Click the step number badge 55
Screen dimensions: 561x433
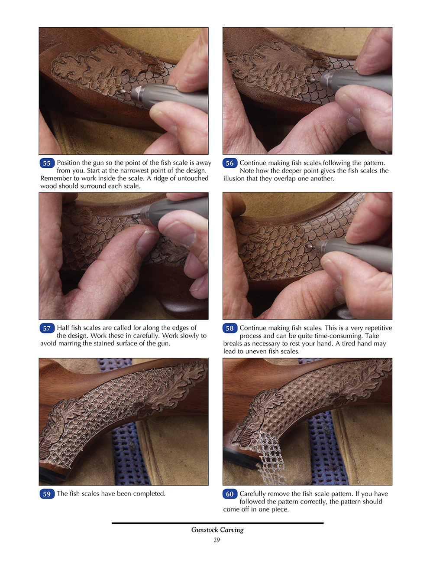click(47, 163)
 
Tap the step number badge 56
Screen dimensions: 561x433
click(230, 163)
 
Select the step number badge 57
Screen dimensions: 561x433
click(47, 328)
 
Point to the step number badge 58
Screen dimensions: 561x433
click(230, 328)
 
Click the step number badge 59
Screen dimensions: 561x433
click(47, 494)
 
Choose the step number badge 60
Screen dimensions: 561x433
click(230, 494)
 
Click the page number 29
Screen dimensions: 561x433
click(216, 540)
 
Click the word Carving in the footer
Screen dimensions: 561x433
click(232, 530)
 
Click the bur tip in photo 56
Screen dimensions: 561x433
click(313, 80)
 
